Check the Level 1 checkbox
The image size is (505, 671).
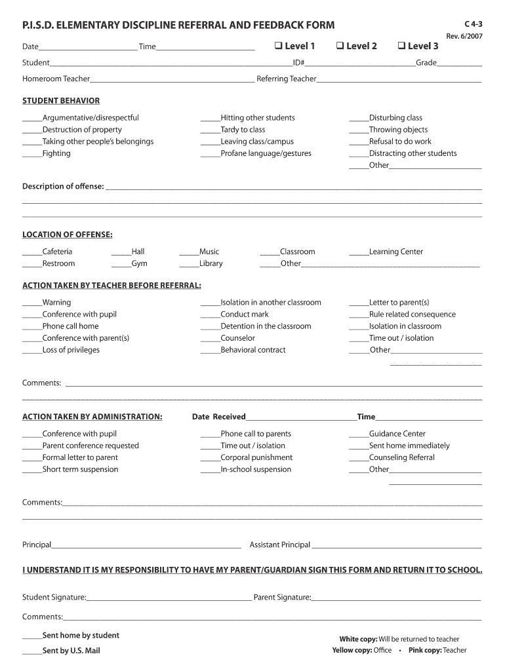278,46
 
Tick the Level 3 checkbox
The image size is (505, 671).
401,46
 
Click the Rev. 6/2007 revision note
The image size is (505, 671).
464,36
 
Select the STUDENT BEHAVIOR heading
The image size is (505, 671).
61,101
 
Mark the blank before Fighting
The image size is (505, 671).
32,154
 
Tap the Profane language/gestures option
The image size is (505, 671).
266,153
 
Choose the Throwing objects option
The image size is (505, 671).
398,130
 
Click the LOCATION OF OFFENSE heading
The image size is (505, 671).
67,235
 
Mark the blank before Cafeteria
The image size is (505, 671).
32,252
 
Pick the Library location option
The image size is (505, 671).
211,263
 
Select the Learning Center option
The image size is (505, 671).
395,252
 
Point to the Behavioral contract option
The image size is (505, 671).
253,350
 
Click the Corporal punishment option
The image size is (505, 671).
256,457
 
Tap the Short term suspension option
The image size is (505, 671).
80,469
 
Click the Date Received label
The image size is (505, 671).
218,417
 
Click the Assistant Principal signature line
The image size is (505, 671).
396,546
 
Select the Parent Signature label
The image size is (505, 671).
282,598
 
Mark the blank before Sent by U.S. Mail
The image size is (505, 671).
32,651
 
